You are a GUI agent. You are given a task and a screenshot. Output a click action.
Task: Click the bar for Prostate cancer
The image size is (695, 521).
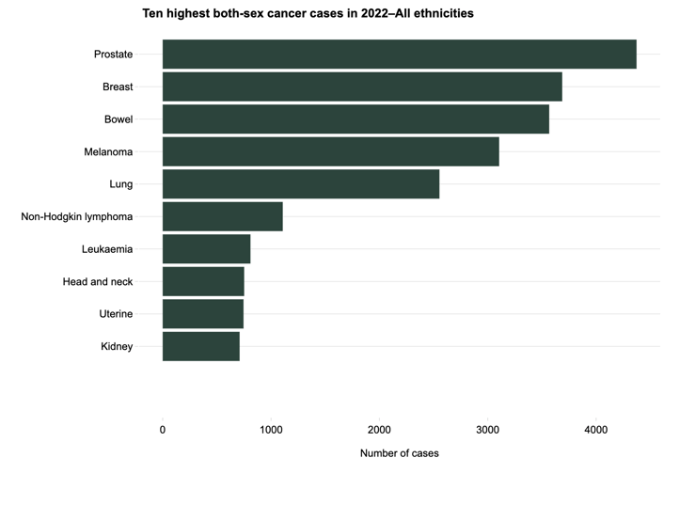click(399, 55)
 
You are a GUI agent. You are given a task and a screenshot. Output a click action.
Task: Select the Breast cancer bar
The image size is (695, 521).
click(362, 87)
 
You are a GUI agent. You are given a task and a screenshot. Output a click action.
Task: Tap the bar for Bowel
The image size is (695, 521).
click(355, 119)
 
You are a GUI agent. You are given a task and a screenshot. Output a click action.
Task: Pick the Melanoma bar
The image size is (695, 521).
click(330, 151)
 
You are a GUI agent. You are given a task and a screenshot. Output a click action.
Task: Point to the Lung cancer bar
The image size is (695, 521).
click(301, 184)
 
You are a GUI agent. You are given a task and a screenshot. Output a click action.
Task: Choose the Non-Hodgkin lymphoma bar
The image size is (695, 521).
click(222, 216)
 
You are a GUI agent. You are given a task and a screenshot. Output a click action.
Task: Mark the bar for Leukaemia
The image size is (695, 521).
click(206, 249)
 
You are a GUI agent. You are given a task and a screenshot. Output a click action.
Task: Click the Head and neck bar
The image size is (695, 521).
click(203, 281)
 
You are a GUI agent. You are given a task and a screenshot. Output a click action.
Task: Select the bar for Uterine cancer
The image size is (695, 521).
click(202, 314)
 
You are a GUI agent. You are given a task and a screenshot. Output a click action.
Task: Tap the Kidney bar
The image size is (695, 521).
click(200, 346)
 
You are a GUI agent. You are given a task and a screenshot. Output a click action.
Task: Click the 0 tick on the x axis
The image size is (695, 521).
click(163, 430)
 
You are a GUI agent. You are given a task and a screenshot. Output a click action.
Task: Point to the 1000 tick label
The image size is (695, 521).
click(271, 430)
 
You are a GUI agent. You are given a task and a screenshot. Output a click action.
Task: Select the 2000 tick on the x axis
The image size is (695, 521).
click(379, 430)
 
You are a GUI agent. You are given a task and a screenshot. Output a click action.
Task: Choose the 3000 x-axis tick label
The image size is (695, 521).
click(487, 430)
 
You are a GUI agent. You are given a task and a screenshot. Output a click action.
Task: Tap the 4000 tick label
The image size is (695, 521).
click(595, 430)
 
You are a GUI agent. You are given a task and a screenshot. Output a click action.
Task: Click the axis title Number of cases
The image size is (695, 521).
click(399, 453)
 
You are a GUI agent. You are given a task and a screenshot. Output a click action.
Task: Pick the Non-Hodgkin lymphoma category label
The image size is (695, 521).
click(77, 216)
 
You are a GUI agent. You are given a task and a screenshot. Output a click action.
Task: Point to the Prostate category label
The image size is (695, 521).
click(113, 55)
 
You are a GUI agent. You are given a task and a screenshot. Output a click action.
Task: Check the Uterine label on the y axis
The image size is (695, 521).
click(116, 314)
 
